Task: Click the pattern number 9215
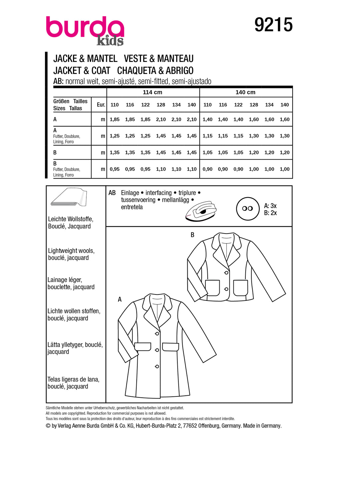coord(273,25)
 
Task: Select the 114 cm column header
coord(152,92)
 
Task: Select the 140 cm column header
coord(245,92)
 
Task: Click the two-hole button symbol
coord(247,209)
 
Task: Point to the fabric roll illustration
coord(69,197)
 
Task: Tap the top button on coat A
coord(157,334)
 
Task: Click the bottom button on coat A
coord(157,366)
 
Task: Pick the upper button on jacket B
coord(226,273)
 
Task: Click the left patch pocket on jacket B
coord(213,288)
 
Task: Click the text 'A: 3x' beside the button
coord(270,206)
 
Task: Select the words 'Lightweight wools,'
coord(71,250)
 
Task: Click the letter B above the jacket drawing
coord(192,235)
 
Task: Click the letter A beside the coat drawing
coord(120,299)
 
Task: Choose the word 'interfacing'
coord(158,193)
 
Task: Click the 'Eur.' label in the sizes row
coord(101,105)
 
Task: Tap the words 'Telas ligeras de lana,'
coord(73,379)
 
